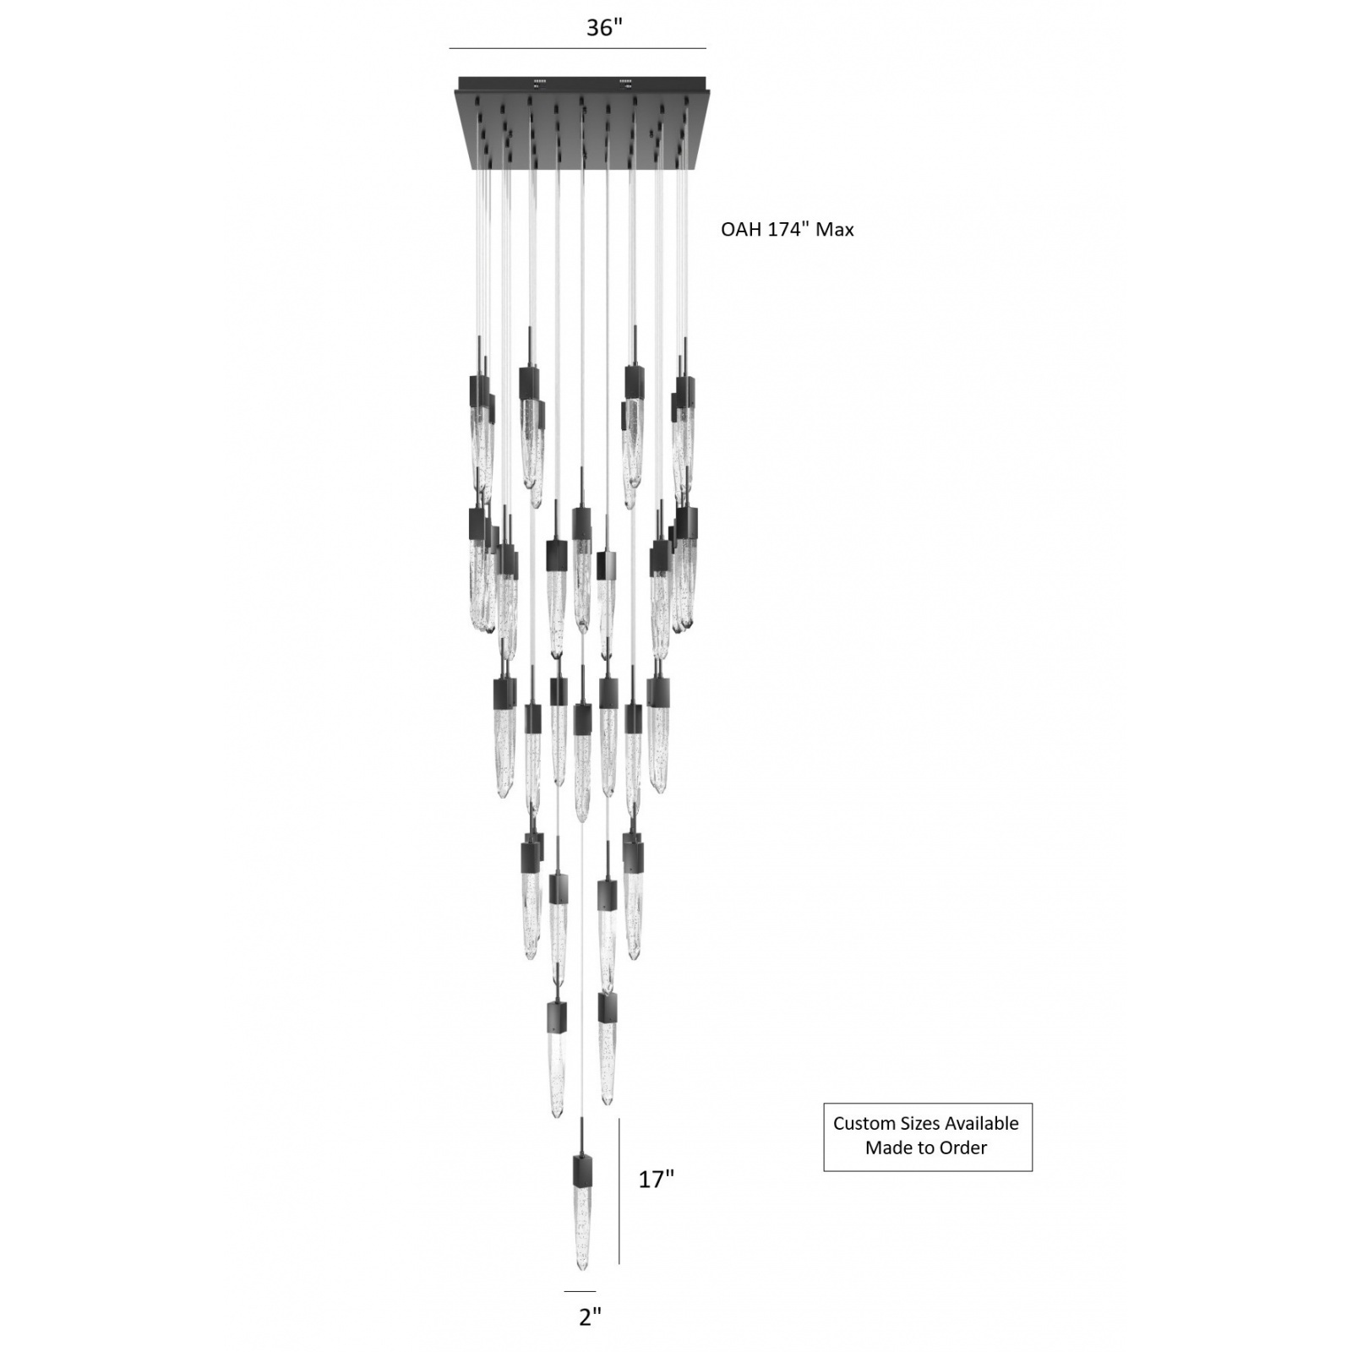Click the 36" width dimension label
(604, 28)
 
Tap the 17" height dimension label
(656, 1179)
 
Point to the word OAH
(741, 229)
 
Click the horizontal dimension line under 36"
(577, 48)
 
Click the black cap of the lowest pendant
(583, 1170)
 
